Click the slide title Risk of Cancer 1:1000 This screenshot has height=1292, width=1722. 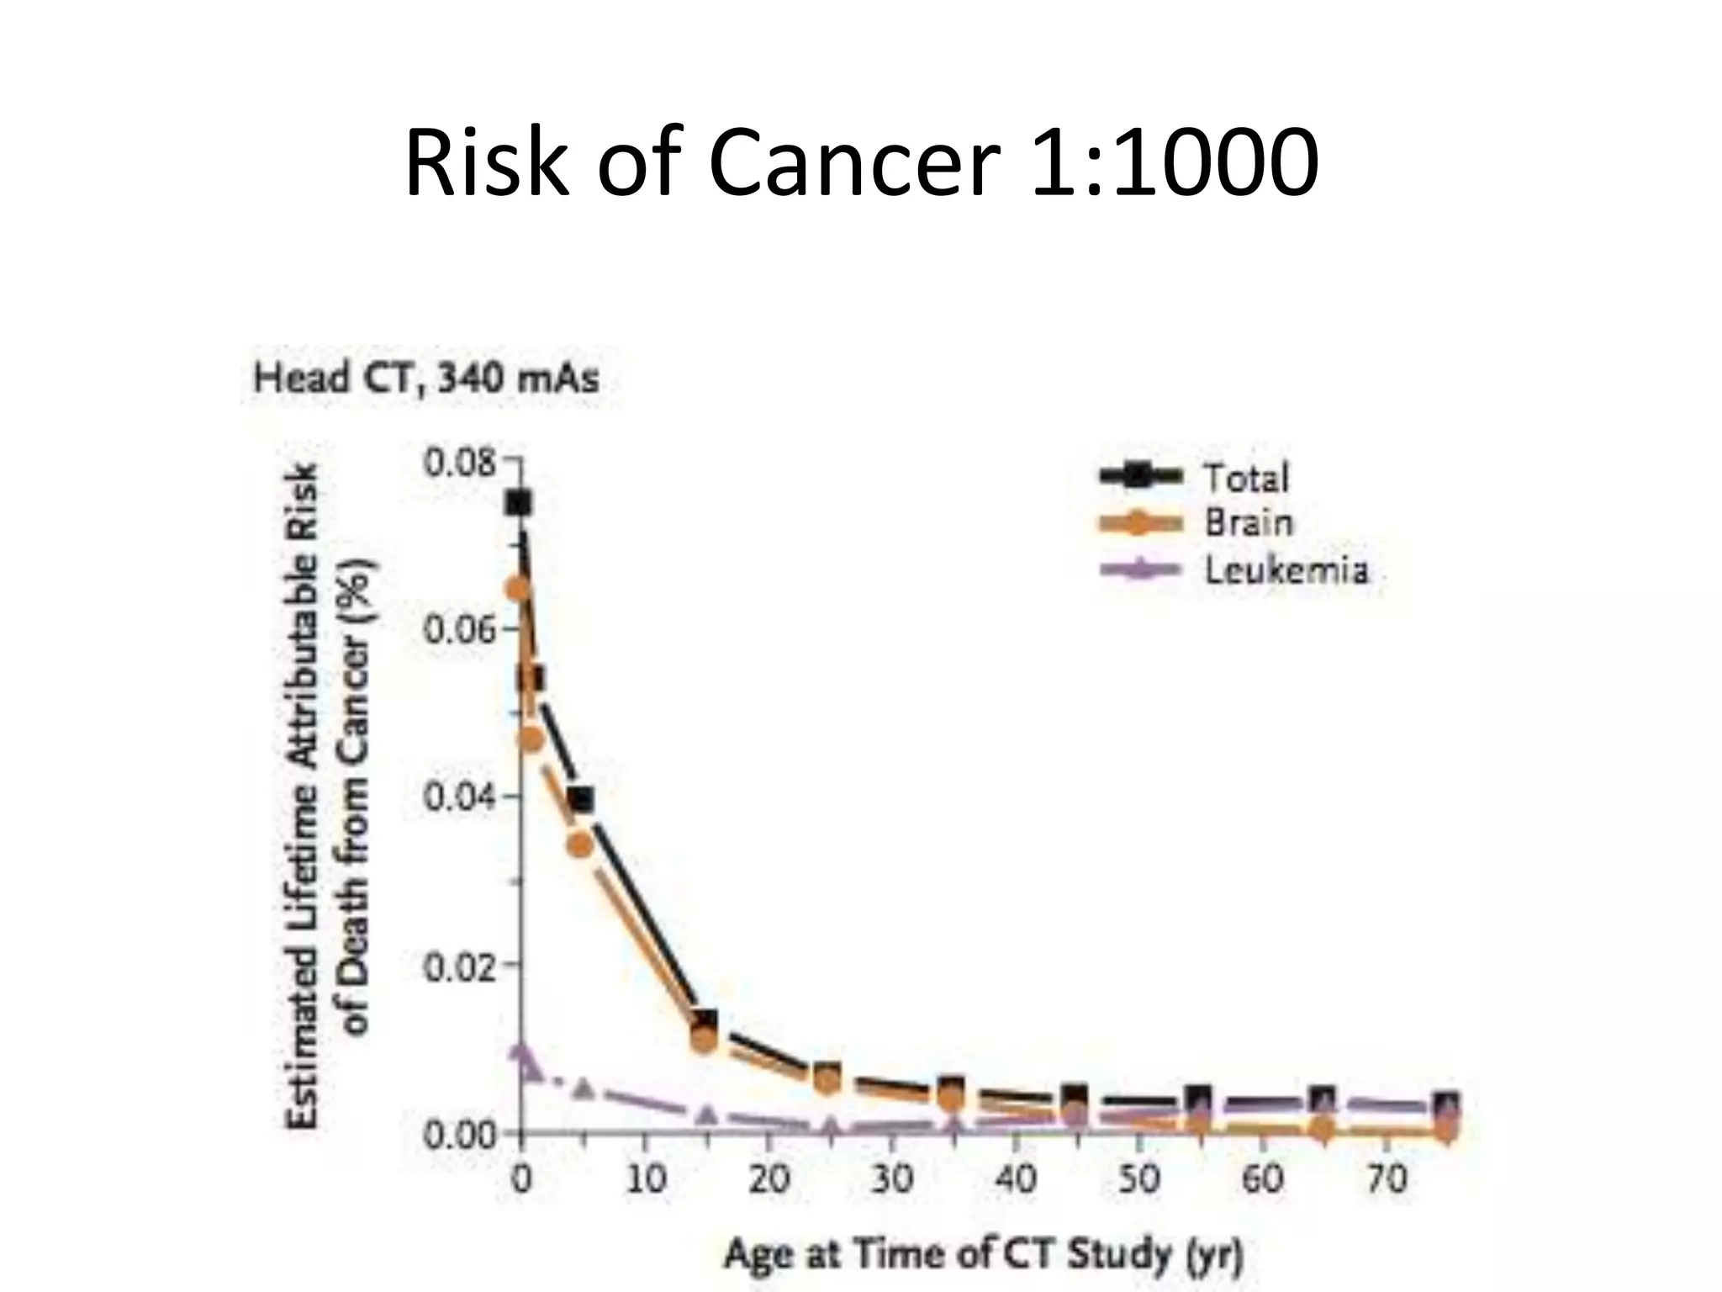861,161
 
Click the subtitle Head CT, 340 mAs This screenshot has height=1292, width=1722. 426,378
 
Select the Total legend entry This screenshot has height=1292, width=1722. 1245,478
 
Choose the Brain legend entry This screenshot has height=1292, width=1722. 1248,523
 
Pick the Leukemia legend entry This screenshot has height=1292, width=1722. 1286,570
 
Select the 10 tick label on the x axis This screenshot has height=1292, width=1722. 645,1178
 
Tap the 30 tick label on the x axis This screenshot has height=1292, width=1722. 891,1178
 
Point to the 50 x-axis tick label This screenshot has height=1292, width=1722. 1138,1178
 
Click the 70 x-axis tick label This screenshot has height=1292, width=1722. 1386,1178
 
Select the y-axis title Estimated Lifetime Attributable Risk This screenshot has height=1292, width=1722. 304,795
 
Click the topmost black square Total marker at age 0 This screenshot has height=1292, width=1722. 518,503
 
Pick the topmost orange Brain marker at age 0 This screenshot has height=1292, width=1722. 519,590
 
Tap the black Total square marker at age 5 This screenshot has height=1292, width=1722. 580,799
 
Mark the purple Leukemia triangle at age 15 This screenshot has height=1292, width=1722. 706,1115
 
